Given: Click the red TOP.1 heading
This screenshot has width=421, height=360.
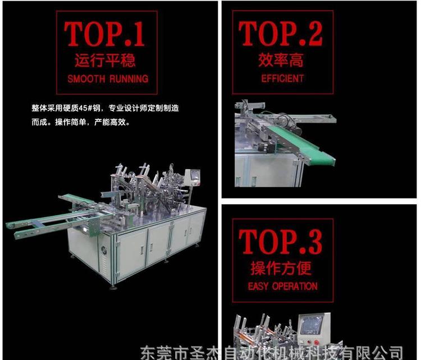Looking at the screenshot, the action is tap(104, 34).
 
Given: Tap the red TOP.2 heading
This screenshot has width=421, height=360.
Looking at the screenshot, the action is tap(281, 34).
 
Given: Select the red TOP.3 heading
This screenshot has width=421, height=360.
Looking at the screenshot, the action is tap(281, 242).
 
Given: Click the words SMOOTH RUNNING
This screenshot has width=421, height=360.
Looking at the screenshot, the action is tap(108, 79).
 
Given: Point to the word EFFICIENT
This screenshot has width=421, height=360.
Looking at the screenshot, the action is tap(282, 79).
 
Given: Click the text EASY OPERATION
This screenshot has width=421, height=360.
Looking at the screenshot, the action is tap(283, 287).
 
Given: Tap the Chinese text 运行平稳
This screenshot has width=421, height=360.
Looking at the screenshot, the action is tap(105, 60).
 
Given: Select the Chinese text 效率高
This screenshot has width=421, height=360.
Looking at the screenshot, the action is tap(281, 60).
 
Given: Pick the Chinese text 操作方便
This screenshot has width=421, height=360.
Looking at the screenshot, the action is tap(281, 268).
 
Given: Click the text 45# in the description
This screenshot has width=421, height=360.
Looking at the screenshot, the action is tap(85, 108).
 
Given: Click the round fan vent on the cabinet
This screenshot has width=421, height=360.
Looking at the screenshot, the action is tap(104, 251).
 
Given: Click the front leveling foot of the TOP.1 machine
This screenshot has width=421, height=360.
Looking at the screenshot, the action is tap(113, 288).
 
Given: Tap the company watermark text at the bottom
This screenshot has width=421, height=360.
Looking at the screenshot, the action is tap(272, 352).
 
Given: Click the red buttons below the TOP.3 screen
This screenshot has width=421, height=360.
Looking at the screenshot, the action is tap(312, 342).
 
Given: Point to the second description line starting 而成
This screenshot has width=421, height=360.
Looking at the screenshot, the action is tap(81, 122).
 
